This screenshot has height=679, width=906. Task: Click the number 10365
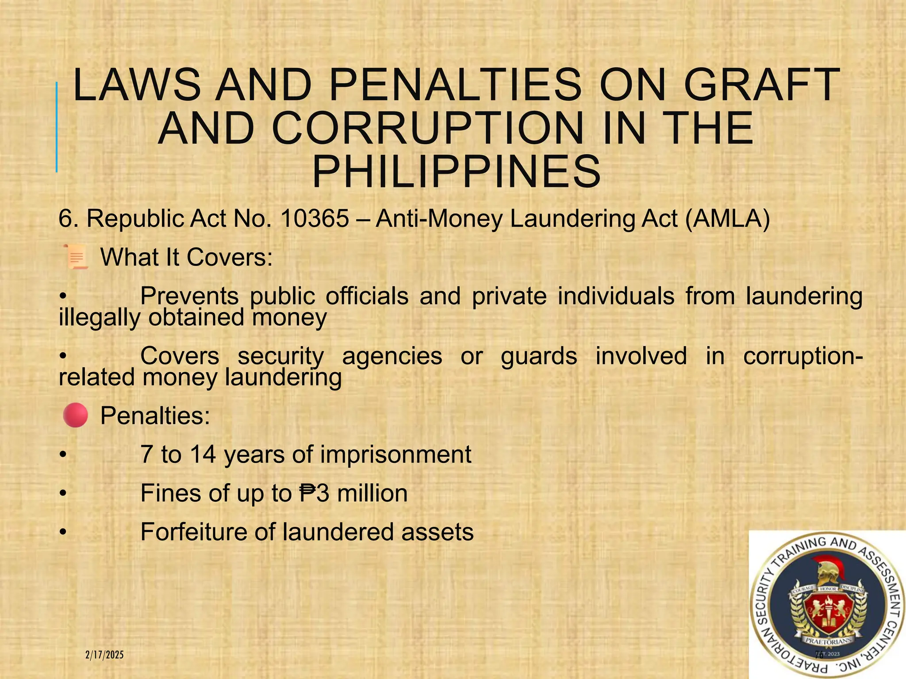pos(315,218)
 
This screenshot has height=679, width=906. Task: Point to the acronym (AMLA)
pos(727,218)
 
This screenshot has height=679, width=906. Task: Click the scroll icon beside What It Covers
pos(76,257)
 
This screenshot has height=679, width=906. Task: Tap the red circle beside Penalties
pos(75,415)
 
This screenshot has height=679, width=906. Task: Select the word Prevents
pos(189,296)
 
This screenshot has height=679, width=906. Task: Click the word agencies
pos(392,356)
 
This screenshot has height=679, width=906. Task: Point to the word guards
pos(539,356)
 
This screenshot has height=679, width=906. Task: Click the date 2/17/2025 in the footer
pos(104,655)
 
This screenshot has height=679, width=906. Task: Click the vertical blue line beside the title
pos(57,127)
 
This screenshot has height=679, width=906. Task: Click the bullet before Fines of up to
pos(63,493)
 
